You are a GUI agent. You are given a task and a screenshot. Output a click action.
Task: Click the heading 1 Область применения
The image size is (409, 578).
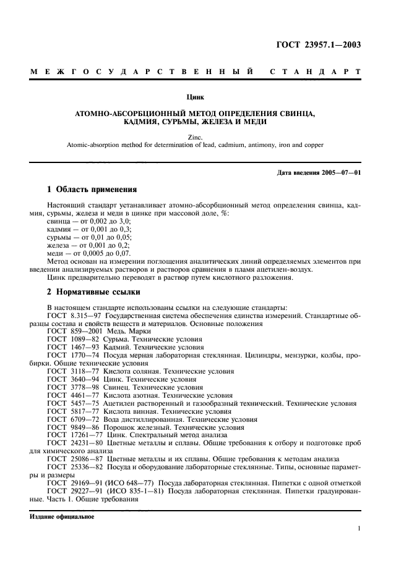pyautogui.click(x=92, y=189)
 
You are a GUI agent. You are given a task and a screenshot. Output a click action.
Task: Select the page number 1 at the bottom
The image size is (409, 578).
pyautogui.click(x=359, y=529)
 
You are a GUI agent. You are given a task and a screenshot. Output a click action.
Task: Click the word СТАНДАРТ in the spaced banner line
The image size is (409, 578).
pyautogui.click(x=316, y=72)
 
